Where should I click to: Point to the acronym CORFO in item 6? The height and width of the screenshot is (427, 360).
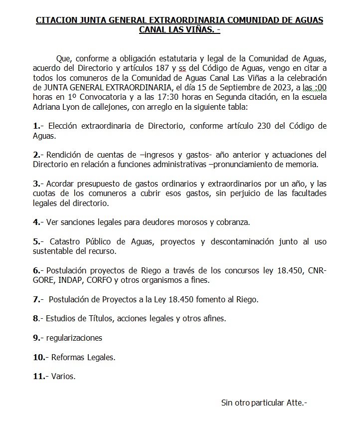click(x=102, y=280)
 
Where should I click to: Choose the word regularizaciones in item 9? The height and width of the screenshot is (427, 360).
click(x=74, y=338)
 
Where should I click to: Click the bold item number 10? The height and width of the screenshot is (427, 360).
click(x=38, y=357)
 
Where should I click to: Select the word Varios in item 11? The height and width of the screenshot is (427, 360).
click(x=63, y=376)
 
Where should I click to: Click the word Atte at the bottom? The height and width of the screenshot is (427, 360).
click(x=294, y=402)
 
